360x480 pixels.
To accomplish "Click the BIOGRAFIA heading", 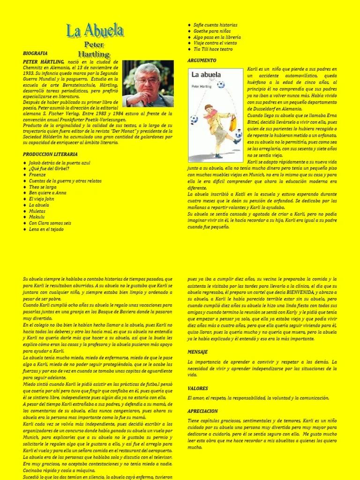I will tap(35, 53).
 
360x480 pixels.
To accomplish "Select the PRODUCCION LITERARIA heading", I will tap(50, 154).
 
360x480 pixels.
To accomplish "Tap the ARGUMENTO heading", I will tap(202, 60).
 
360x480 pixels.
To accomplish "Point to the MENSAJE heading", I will tap(197, 352).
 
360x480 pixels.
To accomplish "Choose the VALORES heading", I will tap(197, 388).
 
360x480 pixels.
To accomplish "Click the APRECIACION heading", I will tap(202, 411).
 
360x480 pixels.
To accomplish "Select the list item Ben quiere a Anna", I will tap(47, 193).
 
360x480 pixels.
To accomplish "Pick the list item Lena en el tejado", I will tap(46, 229).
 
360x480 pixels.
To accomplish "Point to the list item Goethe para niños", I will tap(212, 31).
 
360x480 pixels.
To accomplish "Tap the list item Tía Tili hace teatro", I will tap(213, 49).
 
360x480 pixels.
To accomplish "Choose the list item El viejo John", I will tap(41, 199).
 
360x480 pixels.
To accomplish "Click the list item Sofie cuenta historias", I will tap(216, 25).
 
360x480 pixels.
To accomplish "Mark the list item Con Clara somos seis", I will tap(50, 223).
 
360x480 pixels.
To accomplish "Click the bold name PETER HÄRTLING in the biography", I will tap(41, 62).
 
